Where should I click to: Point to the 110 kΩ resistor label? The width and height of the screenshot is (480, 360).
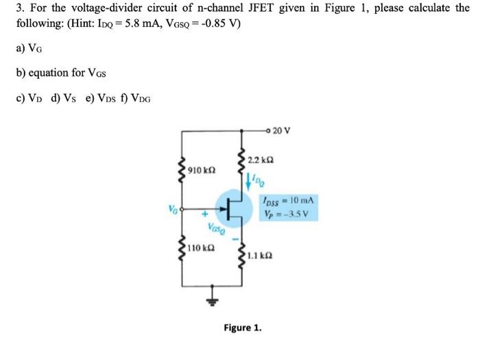(200, 247)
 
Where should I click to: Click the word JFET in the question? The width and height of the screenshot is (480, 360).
(245, 9)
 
